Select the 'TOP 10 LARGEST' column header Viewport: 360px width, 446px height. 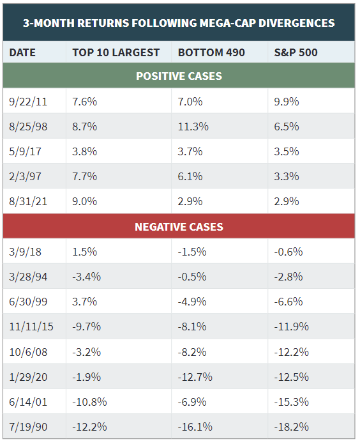[116, 52]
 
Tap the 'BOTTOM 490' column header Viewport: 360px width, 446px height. [211, 52]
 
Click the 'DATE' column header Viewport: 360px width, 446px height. [23, 52]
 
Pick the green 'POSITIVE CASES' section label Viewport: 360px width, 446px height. [179, 76]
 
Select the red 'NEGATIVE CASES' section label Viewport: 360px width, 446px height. [179, 227]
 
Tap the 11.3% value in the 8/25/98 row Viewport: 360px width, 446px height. [193, 127]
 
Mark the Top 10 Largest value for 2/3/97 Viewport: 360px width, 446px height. [85, 176]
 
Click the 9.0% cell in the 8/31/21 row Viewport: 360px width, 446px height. [85, 201]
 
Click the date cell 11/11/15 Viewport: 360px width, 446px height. [31, 327]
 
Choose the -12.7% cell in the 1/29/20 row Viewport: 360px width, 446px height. [195, 377]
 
